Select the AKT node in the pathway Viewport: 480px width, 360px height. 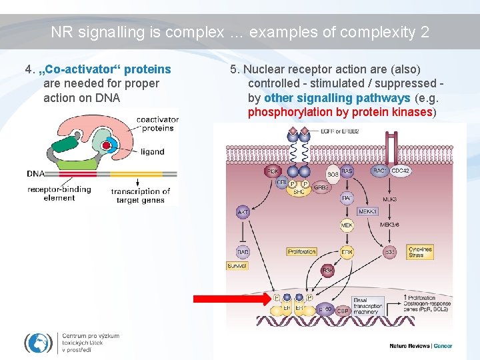243,212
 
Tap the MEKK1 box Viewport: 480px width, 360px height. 367,211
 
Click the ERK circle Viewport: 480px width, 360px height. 347,252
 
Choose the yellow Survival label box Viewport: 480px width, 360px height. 237,265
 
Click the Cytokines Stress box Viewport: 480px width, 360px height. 420,251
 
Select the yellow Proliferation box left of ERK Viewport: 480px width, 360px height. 301,252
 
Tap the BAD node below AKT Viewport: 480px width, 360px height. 243,252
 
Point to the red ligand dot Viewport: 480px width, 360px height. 106,145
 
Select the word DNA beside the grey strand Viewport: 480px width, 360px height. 35,173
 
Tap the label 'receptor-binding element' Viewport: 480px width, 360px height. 59,193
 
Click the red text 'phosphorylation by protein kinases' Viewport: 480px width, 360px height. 340,112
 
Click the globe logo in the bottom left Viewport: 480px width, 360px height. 38,342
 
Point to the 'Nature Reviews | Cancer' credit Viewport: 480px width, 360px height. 421,346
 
